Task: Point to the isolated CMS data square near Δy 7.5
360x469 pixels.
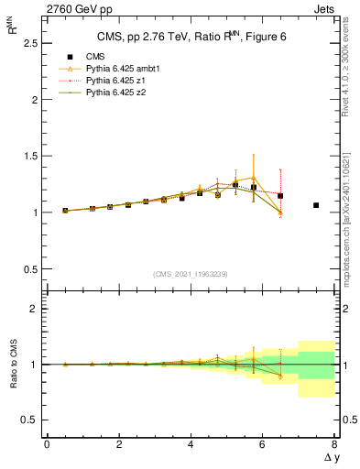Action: click(x=316, y=205)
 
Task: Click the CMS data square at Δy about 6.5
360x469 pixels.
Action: click(x=280, y=196)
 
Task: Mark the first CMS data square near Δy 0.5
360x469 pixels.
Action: click(x=65, y=211)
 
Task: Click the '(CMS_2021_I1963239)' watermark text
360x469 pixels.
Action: click(x=191, y=273)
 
